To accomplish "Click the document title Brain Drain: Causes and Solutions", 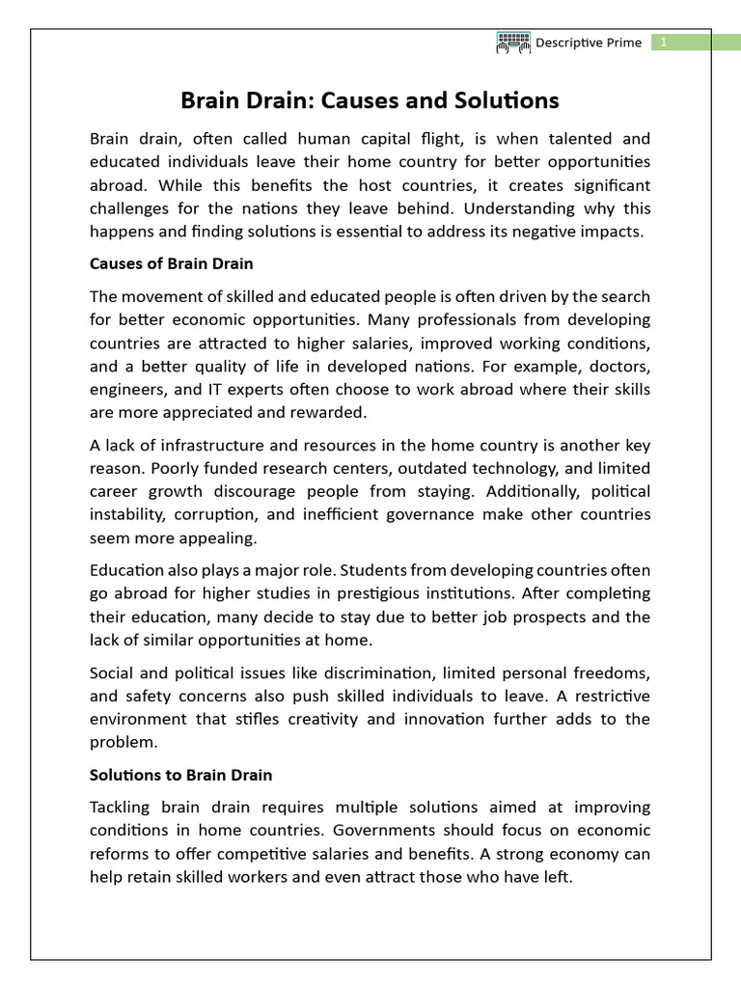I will (370, 100).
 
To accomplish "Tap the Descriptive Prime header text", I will (589, 42).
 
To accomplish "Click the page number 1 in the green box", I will (664, 42).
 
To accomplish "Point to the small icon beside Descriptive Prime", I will (513, 42).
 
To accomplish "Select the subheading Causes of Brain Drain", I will (171, 263).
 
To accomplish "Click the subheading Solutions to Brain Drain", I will (180, 774).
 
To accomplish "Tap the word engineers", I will (124, 389).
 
